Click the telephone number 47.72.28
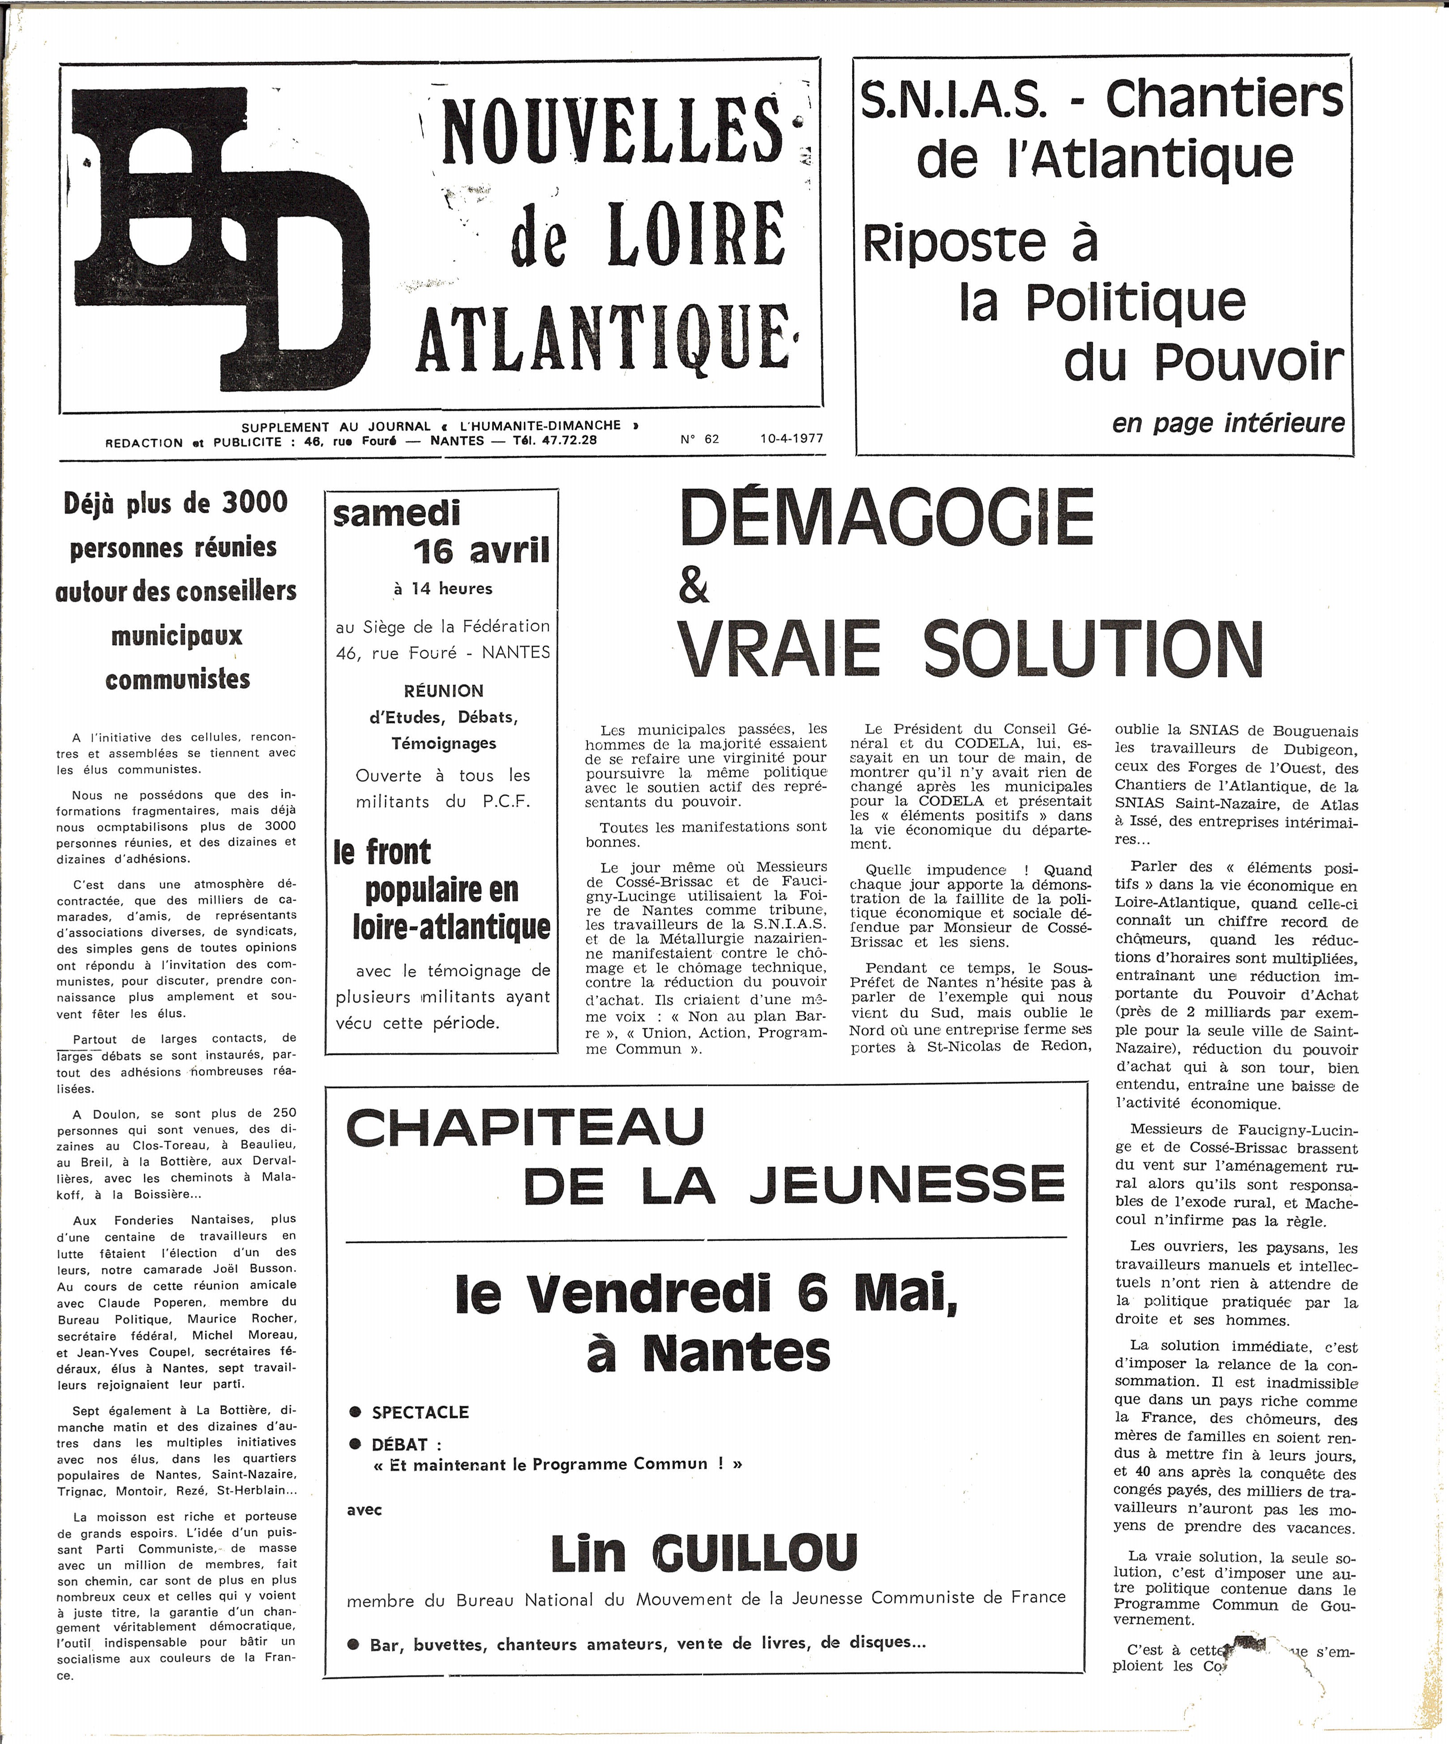click(x=567, y=440)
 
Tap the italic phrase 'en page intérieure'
click(x=1228, y=423)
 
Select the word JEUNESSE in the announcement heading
click(x=907, y=1184)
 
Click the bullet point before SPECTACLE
click(x=356, y=1412)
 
